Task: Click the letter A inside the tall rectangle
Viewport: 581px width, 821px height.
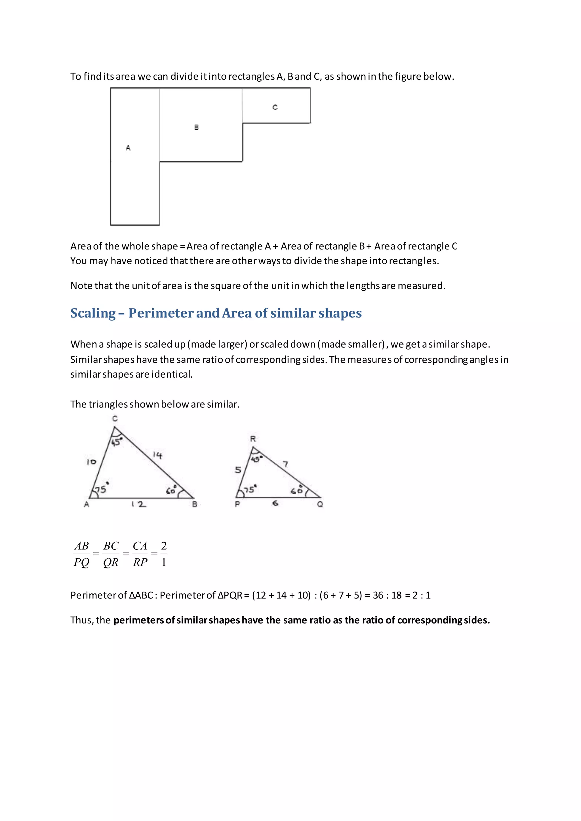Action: [x=128, y=148]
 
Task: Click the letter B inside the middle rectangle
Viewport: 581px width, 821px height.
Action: [x=196, y=127]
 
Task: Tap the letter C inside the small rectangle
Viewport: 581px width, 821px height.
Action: [x=275, y=107]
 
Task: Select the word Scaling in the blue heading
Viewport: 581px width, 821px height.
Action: [x=93, y=313]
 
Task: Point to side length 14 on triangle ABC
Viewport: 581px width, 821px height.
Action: [x=157, y=455]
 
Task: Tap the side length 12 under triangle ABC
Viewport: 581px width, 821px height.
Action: [x=139, y=504]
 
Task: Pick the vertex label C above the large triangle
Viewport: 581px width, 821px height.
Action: [x=115, y=418]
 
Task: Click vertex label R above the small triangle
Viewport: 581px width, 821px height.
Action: [x=253, y=439]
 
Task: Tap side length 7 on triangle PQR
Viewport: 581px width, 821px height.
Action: [x=285, y=464]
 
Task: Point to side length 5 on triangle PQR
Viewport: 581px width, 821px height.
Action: [x=238, y=470]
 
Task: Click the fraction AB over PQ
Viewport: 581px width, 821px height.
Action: [x=82, y=554]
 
